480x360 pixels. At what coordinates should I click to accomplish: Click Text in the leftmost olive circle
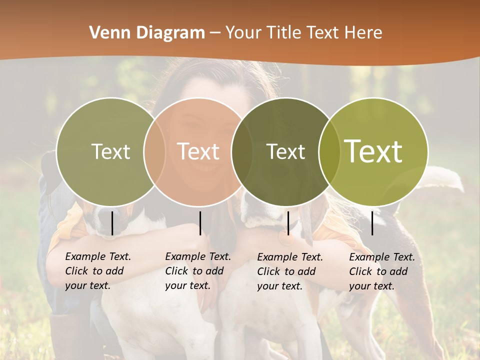(110, 151)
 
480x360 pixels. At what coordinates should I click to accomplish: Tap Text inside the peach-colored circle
(198, 151)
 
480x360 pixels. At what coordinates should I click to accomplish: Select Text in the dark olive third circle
(285, 151)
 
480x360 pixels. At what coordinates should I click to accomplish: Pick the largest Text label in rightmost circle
(373, 151)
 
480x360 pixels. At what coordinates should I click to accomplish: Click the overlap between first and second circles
(154, 151)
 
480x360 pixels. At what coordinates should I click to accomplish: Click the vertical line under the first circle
(112, 223)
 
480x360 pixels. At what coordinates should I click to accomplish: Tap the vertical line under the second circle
(200, 223)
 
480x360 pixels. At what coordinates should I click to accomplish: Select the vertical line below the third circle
(288, 223)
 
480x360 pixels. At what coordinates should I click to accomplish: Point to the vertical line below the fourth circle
(372, 223)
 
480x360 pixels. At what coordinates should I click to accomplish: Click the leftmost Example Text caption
(97, 271)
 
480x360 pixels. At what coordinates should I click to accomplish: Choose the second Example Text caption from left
(197, 271)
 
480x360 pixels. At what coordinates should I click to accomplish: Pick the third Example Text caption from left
(289, 271)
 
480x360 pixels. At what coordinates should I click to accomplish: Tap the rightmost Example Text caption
(381, 271)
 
